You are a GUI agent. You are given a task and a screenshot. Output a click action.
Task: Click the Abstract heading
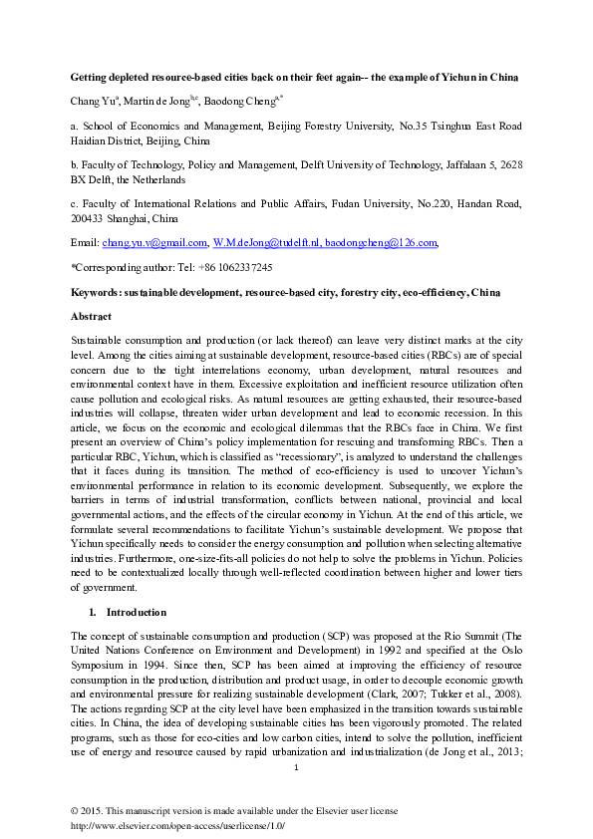click(x=91, y=315)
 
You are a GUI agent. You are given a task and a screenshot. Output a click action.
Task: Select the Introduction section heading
click(x=137, y=611)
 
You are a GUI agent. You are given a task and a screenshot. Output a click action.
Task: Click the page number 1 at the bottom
click(x=296, y=765)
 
